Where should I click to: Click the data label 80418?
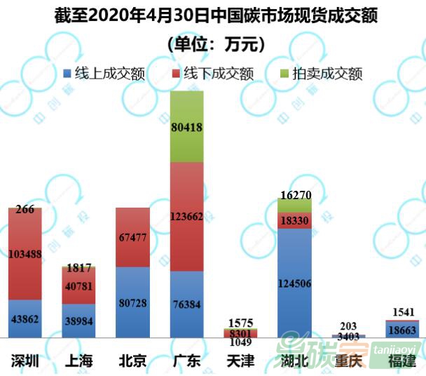186,128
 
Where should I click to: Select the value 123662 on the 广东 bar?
186,217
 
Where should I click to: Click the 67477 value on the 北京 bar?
132,237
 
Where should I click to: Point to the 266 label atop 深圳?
25,209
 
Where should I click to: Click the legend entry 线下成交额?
211,73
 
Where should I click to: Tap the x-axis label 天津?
240,362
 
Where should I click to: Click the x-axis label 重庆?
348,362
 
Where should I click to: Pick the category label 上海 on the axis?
79,362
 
